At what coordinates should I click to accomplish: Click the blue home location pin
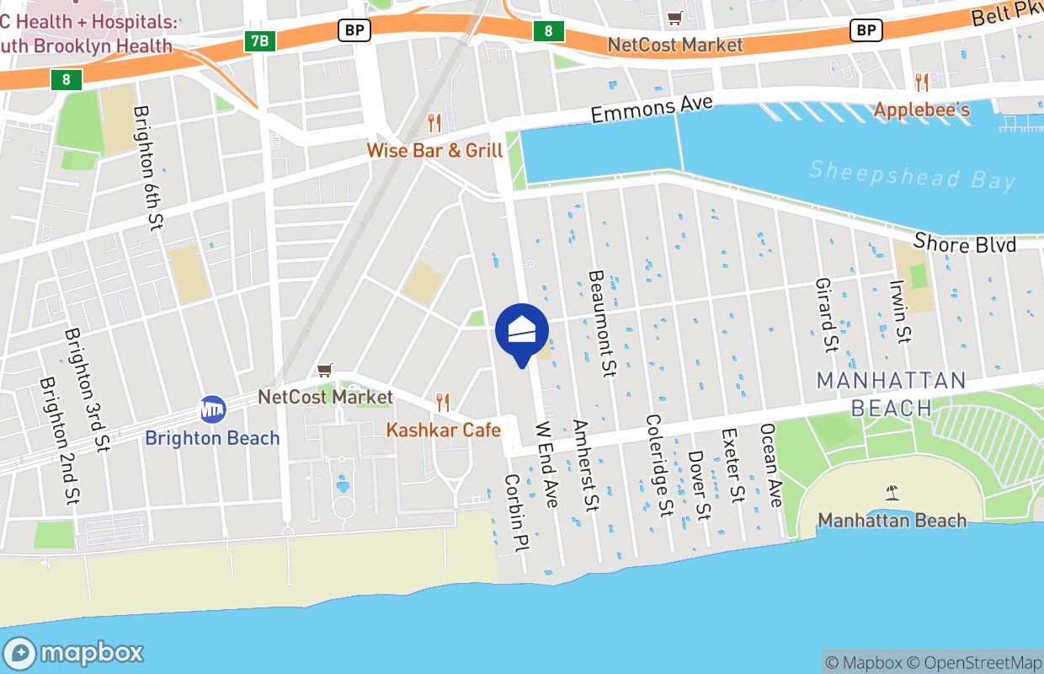coord(522,331)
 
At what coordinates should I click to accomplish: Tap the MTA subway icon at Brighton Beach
coord(212,409)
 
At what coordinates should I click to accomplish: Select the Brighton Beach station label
coord(212,438)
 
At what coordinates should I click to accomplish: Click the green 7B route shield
coord(261,40)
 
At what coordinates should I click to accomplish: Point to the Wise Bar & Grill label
coord(434,151)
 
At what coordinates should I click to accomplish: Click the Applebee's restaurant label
coord(922,110)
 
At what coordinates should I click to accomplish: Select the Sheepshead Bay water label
coord(912,174)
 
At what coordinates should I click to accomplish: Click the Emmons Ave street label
coord(652,110)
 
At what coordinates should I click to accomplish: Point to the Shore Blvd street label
coord(965,243)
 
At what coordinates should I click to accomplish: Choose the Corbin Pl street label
coord(514,513)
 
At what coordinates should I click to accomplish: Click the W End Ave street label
coord(547,464)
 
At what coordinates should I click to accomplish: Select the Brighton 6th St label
coord(149,168)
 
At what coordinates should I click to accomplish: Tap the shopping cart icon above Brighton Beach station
coord(325,370)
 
